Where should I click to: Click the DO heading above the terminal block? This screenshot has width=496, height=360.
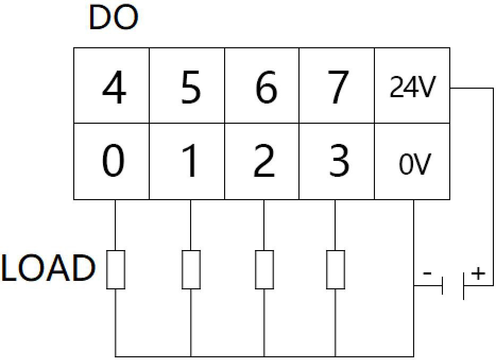point(114,19)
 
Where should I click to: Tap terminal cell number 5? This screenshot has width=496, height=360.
point(187,86)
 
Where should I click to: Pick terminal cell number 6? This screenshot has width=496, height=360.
point(262,86)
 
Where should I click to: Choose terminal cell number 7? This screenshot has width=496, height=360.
point(337,86)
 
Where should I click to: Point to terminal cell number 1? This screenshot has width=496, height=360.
point(187,161)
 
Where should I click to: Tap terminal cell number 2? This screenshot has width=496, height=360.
point(262,161)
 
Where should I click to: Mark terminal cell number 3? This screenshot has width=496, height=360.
point(337,161)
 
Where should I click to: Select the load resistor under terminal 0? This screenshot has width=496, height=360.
point(116,269)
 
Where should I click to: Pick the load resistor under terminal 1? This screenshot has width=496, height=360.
point(191,269)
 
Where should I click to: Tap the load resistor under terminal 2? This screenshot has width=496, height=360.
point(264,269)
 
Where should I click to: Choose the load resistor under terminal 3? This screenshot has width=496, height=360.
point(336,269)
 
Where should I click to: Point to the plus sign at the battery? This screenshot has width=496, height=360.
point(478,274)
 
